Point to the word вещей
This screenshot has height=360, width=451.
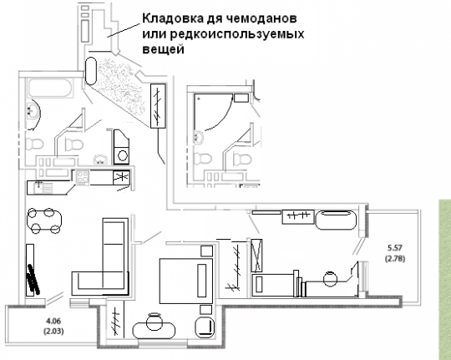pos(163,49)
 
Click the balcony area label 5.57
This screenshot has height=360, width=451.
pos(395,247)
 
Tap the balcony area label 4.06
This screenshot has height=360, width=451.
pos(53,320)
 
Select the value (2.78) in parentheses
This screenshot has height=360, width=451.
pos(395,258)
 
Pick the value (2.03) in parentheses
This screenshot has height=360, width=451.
pos(53,332)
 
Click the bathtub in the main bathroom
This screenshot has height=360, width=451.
pos(50,88)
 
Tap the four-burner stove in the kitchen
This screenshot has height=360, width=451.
pos(82,177)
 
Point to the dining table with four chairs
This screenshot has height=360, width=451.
pos(44,221)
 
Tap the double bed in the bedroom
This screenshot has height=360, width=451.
pos(186,281)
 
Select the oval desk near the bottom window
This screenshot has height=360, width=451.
pos(154,331)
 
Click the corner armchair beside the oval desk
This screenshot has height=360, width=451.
pos(205,327)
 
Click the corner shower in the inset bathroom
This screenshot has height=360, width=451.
pos(213,112)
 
